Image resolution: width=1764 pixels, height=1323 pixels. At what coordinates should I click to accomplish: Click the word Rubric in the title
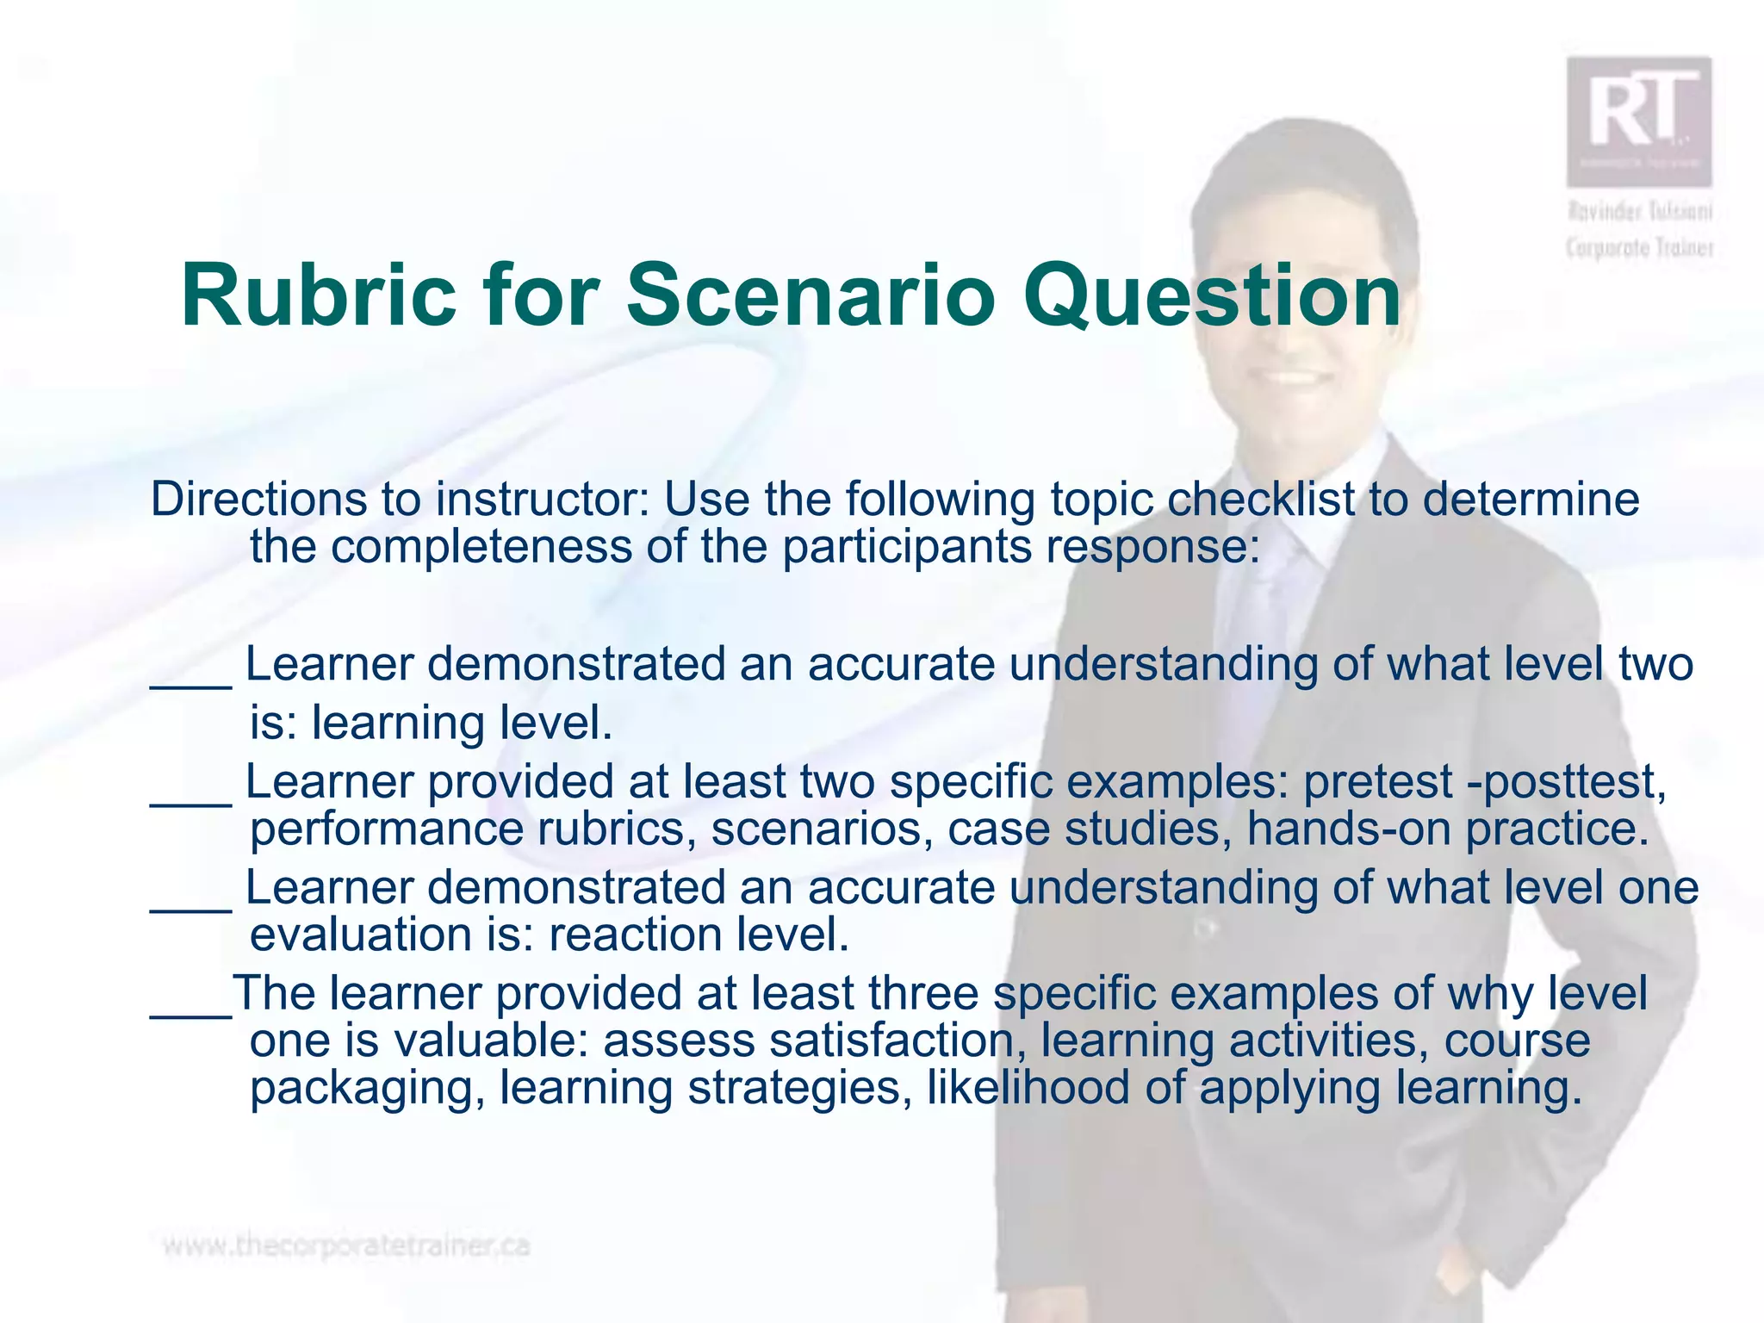(x=318, y=295)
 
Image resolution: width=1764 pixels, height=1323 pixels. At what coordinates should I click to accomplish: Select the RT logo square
(x=1638, y=121)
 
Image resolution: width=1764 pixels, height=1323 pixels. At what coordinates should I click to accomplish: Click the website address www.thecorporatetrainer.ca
(x=346, y=1245)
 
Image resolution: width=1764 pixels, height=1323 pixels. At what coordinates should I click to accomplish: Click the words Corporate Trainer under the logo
(x=1639, y=248)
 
